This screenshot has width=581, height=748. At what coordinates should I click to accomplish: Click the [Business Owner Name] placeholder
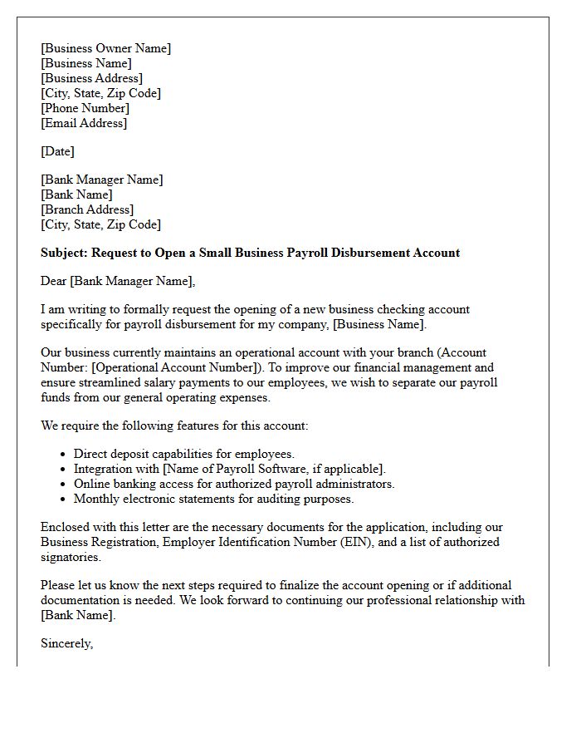coord(106,48)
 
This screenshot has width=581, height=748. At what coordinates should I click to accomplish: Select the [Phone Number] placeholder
coord(85,108)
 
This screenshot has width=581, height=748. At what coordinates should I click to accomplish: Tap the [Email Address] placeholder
coord(84,123)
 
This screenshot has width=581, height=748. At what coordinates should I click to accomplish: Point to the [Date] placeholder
coord(57,151)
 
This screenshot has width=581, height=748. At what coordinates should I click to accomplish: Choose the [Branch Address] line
coord(87,209)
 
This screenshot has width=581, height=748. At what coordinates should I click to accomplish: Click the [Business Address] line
coord(91,78)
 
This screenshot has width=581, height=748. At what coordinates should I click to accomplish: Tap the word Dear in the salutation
coord(54,281)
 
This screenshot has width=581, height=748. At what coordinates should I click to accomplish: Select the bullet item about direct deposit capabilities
coord(183,454)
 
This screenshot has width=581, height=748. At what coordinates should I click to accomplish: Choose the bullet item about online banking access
coord(233,484)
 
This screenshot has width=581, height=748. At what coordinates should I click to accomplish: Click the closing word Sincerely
coord(66,643)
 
